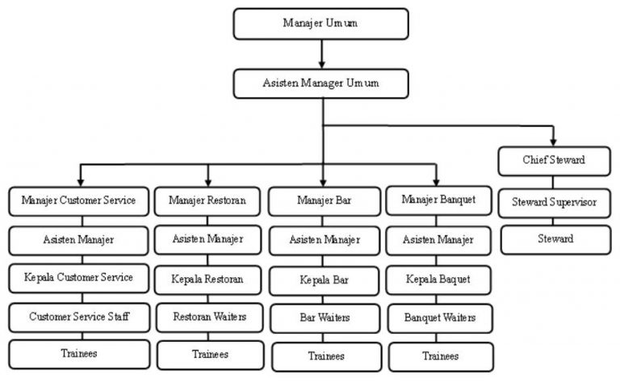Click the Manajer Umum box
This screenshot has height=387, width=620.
[x=320, y=23]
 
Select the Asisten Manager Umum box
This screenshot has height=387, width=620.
[x=320, y=83]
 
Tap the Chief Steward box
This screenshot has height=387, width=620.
[x=553, y=161]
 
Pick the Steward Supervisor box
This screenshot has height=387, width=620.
[x=553, y=202]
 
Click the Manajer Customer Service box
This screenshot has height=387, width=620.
[x=78, y=200]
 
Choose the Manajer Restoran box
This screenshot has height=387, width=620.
[x=207, y=200]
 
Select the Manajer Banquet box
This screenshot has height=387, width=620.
[x=438, y=200]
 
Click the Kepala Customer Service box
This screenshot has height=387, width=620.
[x=78, y=278]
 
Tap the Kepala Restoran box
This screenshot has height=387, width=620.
[x=208, y=279]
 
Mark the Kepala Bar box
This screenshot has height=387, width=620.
[x=324, y=280]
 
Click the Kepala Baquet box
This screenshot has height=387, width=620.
[x=438, y=280]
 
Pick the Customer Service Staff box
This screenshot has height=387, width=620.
[x=78, y=317]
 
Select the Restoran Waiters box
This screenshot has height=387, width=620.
[x=209, y=317]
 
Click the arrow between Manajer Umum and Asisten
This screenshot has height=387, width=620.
[x=321, y=53]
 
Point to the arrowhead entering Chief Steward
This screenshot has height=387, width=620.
[x=553, y=142]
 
